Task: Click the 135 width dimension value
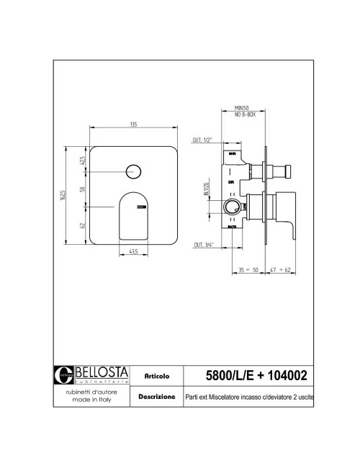(x=133, y=125)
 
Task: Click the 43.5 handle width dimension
(x=133, y=251)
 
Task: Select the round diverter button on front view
(x=132, y=171)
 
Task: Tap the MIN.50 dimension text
(x=241, y=107)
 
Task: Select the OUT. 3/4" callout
(x=203, y=246)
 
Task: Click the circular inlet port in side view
(x=230, y=210)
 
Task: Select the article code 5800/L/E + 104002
(x=257, y=375)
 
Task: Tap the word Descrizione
(x=156, y=397)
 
